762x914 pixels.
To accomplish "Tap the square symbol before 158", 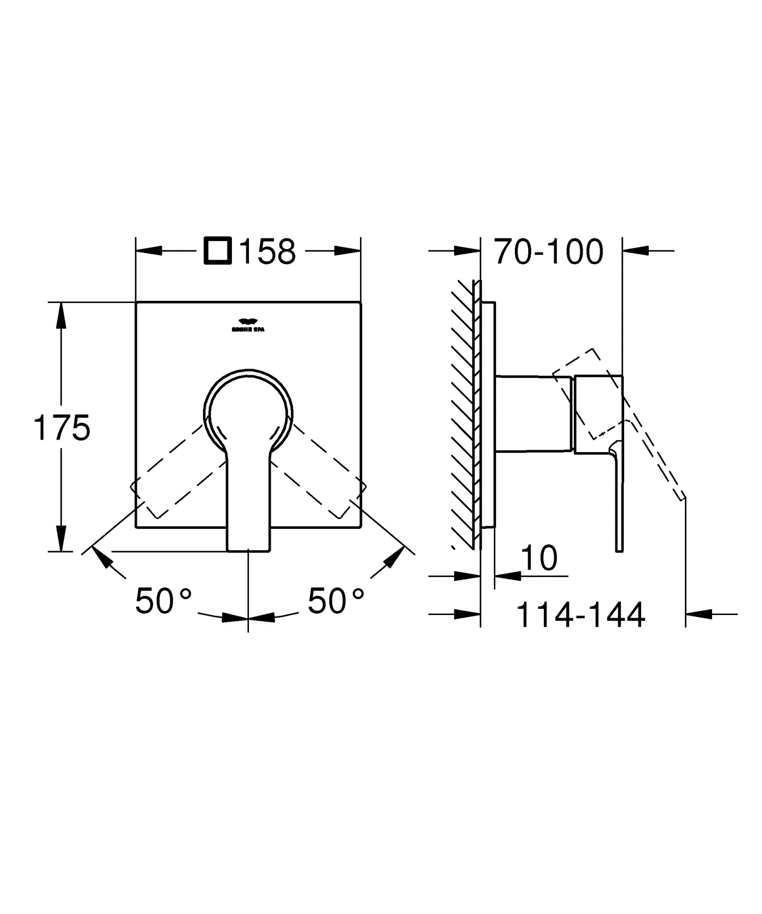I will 218,251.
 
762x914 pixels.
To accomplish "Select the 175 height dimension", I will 62,427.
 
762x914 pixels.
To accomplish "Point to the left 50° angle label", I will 163,601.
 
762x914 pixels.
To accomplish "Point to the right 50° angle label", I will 335,601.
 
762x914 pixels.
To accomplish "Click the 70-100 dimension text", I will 549,252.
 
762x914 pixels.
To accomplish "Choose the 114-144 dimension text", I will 580,615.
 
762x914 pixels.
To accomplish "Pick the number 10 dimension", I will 539,558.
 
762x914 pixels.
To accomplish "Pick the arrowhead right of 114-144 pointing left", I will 698,614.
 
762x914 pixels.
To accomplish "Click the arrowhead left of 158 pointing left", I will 149,251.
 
